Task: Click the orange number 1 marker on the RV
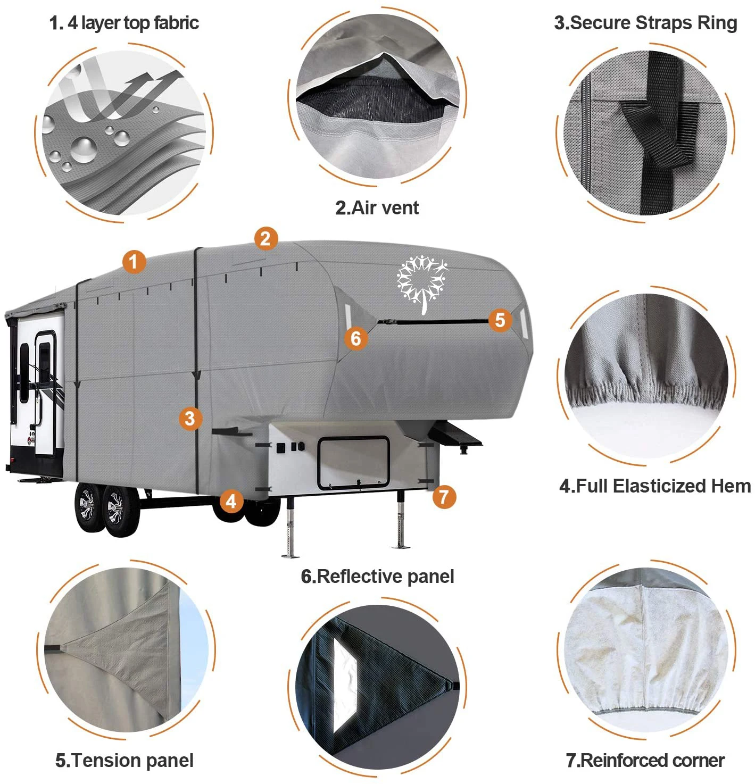click(x=134, y=261)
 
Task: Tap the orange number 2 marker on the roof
click(x=266, y=238)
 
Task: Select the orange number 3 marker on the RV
click(x=190, y=419)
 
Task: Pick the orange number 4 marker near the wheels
click(x=231, y=501)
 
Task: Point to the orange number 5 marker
click(x=500, y=320)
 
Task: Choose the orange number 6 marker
click(x=355, y=338)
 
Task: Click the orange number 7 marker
click(x=444, y=497)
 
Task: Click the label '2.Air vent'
click(x=377, y=207)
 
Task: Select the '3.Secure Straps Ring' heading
click(x=645, y=23)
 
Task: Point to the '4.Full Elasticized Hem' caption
click(x=654, y=486)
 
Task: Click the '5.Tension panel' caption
click(x=125, y=760)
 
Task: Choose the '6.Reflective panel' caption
click(x=377, y=576)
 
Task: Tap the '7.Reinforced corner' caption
click(x=645, y=760)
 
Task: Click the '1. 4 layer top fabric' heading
click(x=124, y=23)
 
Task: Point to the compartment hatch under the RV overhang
click(x=353, y=462)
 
